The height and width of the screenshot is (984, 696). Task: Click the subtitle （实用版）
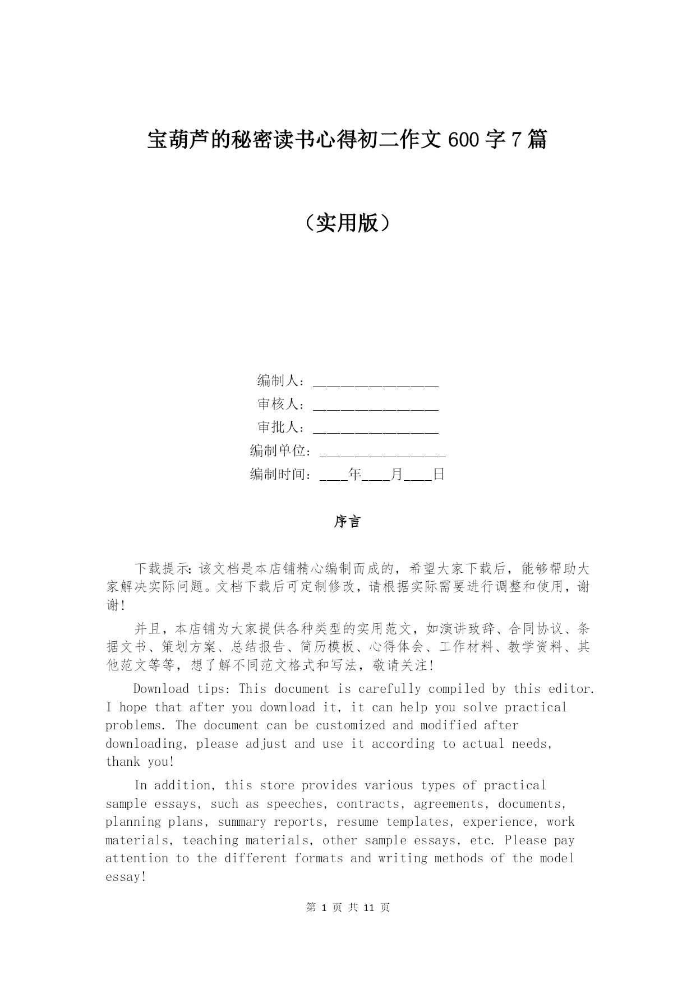tap(348, 223)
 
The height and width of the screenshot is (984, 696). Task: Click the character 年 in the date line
tap(354, 475)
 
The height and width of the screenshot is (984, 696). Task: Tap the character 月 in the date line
tap(397, 475)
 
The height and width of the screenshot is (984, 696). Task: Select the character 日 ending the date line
tap(439, 475)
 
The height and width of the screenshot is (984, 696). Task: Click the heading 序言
tap(348, 522)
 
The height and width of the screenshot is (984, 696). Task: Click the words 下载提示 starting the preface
tap(162, 569)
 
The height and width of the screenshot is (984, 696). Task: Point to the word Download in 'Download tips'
tap(161, 689)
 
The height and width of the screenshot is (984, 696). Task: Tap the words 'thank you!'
tap(140, 762)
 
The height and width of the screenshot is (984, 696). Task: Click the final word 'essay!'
tap(126, 877)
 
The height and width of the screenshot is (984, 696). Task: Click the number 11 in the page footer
tap(368, 908)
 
